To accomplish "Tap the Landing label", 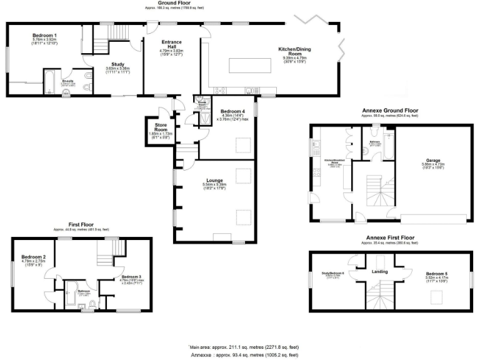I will click(x=379, y=272).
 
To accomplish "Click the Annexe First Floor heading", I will click(x=390, y=238).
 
